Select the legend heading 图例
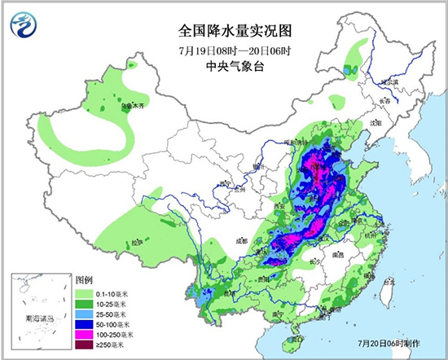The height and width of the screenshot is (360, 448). pos(86,277)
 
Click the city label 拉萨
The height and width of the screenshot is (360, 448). pos(138,242)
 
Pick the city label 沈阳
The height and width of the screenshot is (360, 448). pos(376,122)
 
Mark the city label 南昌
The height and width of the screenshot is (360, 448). pos(340,256)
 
